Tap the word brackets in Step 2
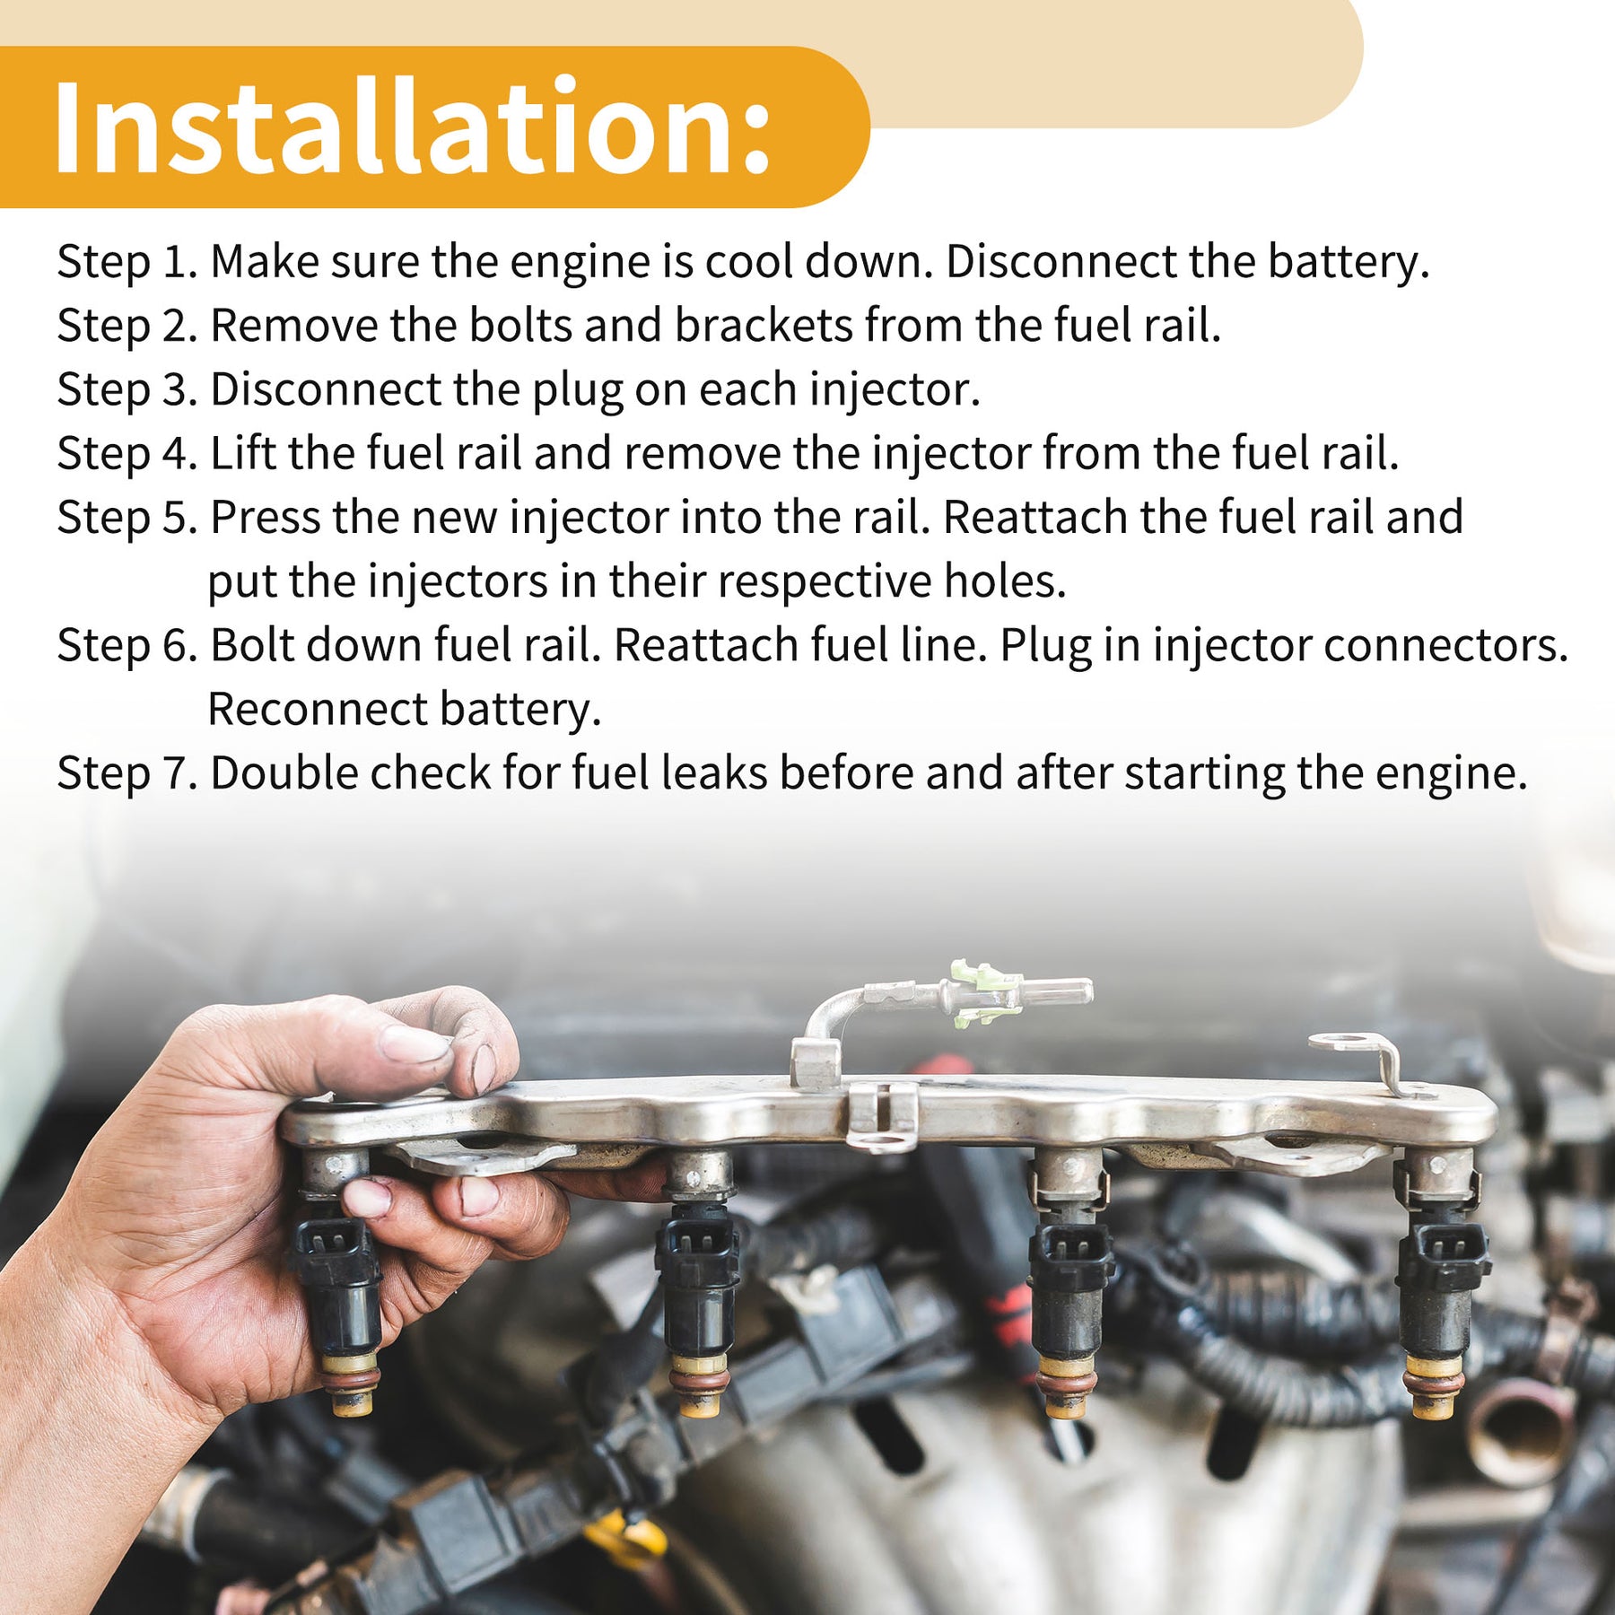(764, 325)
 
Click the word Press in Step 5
(266, 518)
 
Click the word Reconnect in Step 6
(318, 710)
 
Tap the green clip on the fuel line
(985, 993)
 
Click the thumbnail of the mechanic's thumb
(412, 1044)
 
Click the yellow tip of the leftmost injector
(353, 1401)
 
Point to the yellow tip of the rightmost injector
(1434, 1404)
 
